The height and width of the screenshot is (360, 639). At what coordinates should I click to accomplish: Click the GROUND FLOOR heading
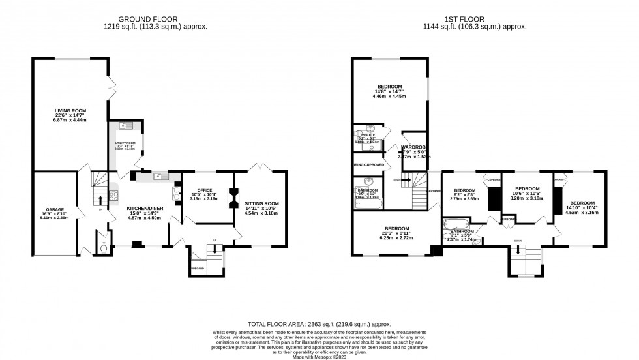pyautogui.click(x=153, y=18)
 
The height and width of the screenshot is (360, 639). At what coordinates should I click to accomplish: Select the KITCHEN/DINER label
pyautogui.click(x=145, y=209)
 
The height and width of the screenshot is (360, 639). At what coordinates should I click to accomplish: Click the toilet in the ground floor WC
pyautogui.click(x=97, y=247)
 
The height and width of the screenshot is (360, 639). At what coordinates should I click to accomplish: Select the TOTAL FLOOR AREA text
pyautogui.click(x=319, y=323)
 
